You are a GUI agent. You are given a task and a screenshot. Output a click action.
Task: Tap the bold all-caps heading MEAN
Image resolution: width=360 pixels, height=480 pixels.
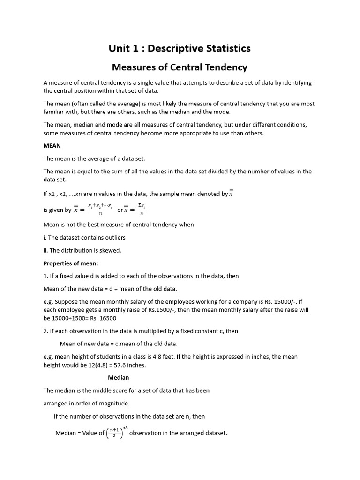[52, 146]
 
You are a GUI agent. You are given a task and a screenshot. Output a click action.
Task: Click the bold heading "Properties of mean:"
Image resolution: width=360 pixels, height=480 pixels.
[71, 263]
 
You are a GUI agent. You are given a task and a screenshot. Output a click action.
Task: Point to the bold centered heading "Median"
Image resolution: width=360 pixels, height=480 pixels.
[118, 377]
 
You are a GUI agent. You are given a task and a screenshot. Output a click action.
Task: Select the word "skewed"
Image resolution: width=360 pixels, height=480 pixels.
[110, 250]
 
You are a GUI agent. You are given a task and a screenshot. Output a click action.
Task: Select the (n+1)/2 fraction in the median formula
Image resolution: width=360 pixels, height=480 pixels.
[114, 433]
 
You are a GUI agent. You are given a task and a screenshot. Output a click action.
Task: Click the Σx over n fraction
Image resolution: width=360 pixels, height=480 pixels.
[142, 210]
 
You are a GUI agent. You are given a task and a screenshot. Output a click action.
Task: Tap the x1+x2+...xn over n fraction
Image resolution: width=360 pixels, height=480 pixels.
[100, 210]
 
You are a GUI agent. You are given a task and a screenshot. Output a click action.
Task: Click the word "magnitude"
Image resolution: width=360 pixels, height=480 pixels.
[115, 403]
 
